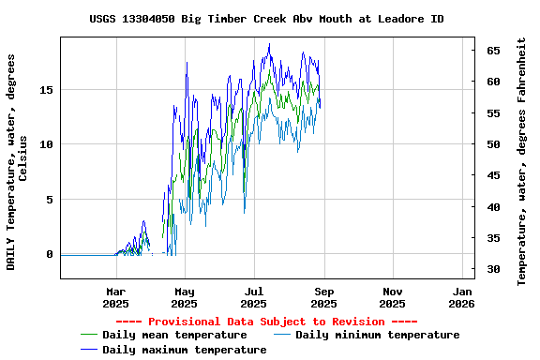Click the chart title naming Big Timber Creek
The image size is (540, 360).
pos(267,19)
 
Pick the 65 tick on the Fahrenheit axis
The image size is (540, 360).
pos(492,51)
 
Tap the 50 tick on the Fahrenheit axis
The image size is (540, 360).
pos(492,144)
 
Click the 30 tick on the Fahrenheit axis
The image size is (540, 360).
pos(492,270)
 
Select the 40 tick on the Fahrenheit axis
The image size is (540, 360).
pos(492,207)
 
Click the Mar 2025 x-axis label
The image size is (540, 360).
pos(115,297)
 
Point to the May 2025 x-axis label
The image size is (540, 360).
pos(185,297)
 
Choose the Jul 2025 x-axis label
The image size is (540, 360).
pos(254,297)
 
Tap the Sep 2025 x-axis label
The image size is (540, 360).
pos(323,297)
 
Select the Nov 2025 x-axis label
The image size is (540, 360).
pos(393,297)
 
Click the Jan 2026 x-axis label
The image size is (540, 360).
pos(461,297)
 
